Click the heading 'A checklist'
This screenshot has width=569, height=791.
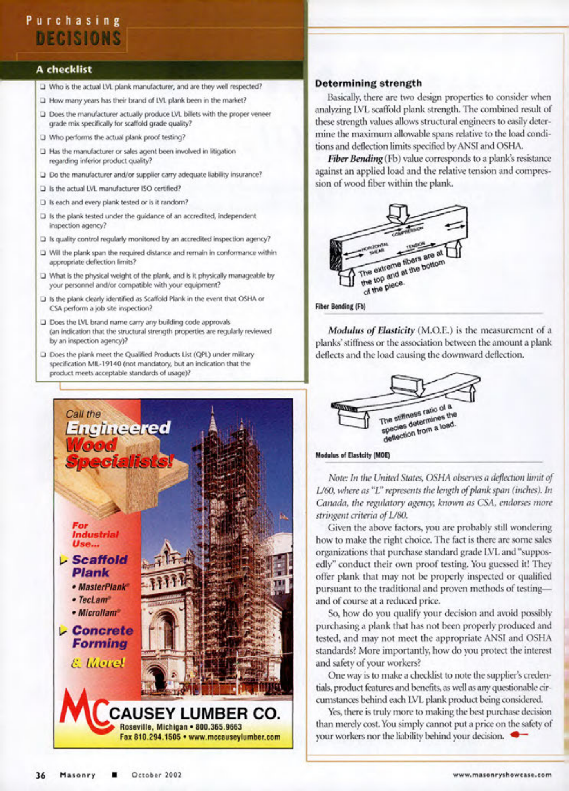point(64,70)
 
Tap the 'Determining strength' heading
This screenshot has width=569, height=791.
point(368,83)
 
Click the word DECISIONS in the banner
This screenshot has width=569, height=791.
point(78,39)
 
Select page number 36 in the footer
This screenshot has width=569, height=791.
point(40,775)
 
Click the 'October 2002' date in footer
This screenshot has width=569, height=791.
point(156,775)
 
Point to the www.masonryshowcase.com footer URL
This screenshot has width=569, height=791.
point(502,775)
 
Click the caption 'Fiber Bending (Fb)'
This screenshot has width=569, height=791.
point(340,306)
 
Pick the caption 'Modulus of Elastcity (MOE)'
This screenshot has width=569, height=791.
point(352,455)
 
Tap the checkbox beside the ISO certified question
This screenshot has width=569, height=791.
point(43,189)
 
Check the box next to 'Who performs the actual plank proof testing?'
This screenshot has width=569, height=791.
point(43,137)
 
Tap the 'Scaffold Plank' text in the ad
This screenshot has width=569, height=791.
point(99,566)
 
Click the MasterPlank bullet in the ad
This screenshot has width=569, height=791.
point(101,587)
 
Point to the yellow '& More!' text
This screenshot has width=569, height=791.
point(98,663)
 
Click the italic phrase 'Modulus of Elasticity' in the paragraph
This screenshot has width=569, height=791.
point(371,330)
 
